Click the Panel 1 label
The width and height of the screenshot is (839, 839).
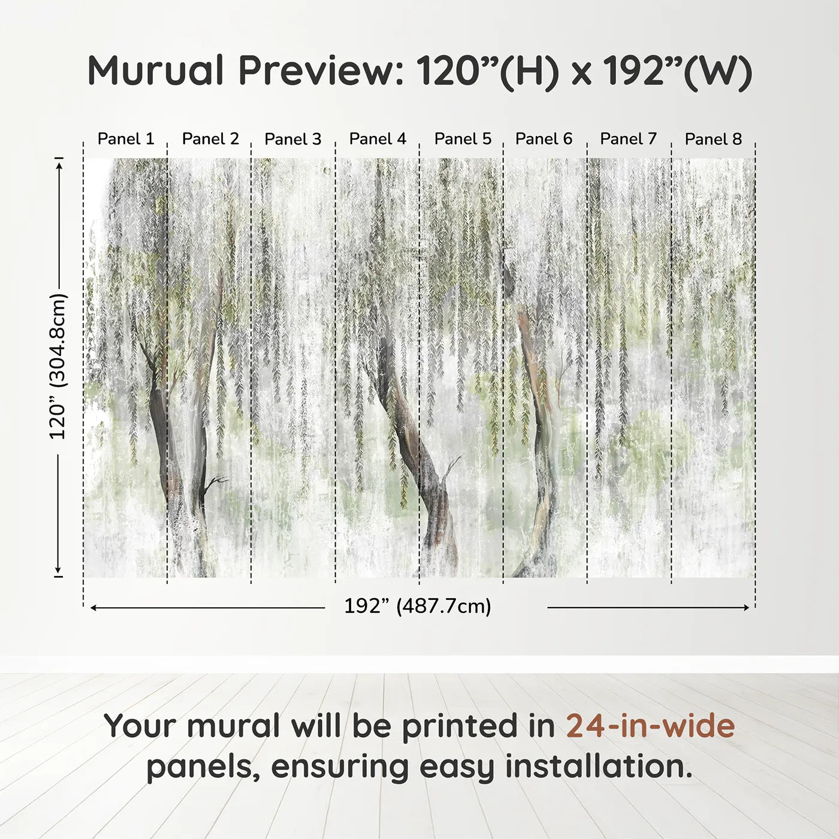(126, 139)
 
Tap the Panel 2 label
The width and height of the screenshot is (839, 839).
(210, 139)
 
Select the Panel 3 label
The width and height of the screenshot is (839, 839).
(293, 139)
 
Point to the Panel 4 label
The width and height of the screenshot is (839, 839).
(378, 139)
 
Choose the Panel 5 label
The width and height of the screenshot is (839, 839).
(463, 139)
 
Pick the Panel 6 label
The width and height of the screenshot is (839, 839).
(544, 139)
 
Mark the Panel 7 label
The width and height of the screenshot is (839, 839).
(628, 139)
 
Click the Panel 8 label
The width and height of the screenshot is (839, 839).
(713, 139)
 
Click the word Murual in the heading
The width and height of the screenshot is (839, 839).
(156, 71)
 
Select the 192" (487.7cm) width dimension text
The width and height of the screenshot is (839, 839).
(418, 606)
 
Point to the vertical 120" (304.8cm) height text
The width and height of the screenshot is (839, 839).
(58, 366)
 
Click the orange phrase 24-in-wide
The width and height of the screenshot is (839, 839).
(650, 726)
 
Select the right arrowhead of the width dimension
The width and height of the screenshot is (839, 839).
(746, 608)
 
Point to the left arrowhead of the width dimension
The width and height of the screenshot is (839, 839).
(93, 608)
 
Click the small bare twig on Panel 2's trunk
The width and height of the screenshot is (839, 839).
(215, 481)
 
